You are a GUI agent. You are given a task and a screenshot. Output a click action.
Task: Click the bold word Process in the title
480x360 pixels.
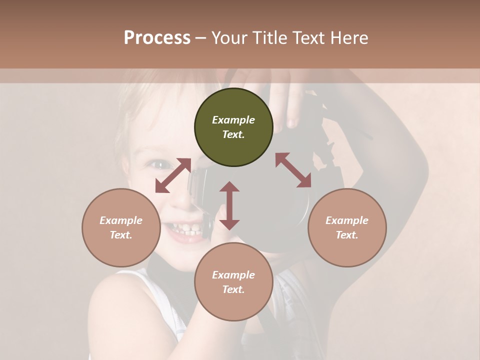coord(157,38)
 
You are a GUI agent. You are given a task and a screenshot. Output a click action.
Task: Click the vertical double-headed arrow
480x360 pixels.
coord(229,205)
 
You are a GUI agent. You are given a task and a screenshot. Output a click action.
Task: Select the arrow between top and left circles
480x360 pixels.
coord(173,175)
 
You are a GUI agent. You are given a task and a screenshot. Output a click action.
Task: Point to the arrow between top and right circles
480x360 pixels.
coord(293,170)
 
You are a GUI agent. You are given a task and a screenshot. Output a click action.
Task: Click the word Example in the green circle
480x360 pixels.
coord(233,120)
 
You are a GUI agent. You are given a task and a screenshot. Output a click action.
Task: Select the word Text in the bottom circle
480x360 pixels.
coord(233,289)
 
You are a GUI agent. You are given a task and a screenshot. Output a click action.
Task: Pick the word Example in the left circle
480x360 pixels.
coord(121,220)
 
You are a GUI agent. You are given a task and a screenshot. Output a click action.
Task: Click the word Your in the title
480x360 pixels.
coord(228,38)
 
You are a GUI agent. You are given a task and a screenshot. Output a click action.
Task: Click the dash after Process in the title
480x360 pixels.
coord(201,38)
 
